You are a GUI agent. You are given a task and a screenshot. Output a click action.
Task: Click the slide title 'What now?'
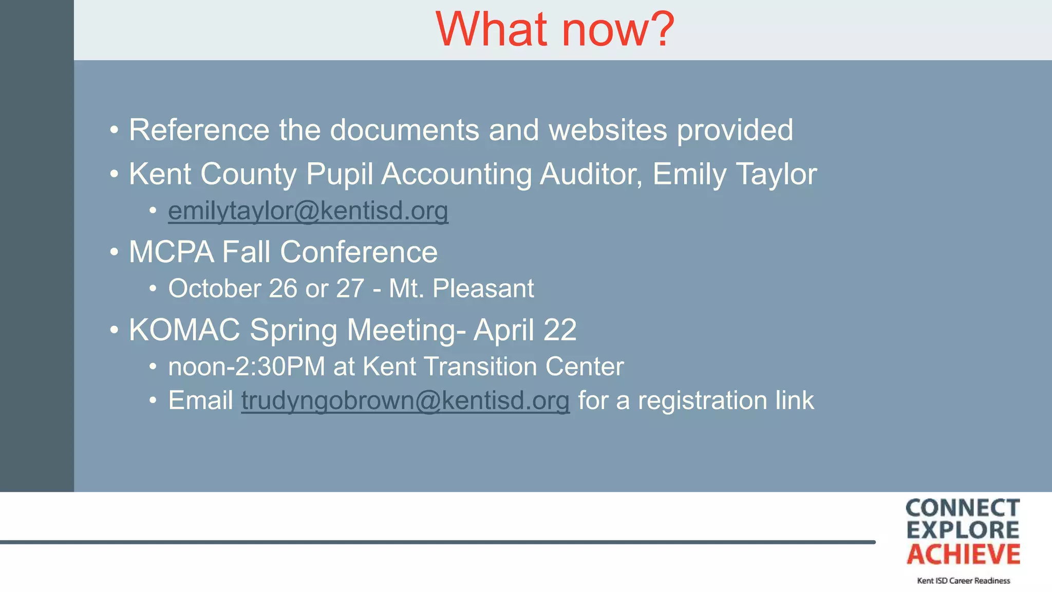click(x=555, y=29)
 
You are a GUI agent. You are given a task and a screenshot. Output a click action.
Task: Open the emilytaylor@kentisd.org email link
click(x=308, y=211)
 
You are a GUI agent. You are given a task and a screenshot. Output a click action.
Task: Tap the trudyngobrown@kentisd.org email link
click(x=405, y=400)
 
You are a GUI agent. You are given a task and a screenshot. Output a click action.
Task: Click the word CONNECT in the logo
click(x=963, y=508)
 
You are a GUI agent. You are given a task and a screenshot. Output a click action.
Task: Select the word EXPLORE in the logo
click(x=963, y=530)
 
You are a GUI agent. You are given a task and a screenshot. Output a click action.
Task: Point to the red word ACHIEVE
click(x=963, y=554)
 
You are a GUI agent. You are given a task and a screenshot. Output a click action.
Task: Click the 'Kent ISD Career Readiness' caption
click(x=963, y=581)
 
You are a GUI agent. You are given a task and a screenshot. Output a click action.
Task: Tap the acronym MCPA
click(x=171, y=252)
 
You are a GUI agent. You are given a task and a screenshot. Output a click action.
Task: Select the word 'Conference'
click(x=359, y=252)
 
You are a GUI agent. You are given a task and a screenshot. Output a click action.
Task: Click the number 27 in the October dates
click(x=350, y=288)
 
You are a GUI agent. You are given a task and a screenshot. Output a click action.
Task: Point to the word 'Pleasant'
click(x=483, y=288)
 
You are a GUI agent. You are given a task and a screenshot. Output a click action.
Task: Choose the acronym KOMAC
click(x=184, y=329)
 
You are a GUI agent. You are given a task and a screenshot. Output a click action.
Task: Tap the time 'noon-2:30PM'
click(x=247, y=367)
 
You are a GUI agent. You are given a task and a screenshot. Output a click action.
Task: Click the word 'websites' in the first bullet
click(x=608, y=129)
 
